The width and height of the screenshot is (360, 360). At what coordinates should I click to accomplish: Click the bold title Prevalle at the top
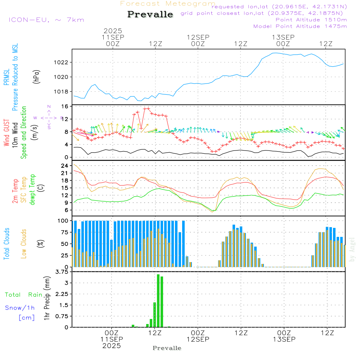[x=150, y=15]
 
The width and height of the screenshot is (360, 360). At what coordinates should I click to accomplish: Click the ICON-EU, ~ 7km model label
[x=46, y=20]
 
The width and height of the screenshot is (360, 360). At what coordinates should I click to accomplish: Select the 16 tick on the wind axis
[x=65, y=107]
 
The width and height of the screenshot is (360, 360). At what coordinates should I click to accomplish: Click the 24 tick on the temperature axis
[x=65, y=166]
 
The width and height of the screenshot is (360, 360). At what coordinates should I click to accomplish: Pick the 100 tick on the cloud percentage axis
[x=63, y=221]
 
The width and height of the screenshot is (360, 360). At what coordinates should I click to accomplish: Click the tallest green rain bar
[x=158, y=301]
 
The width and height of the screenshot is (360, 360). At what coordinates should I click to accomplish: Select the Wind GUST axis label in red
[x=7, y=133]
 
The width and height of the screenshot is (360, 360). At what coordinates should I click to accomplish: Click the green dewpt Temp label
[x=33, y=190]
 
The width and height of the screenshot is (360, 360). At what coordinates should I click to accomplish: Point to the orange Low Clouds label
[x=24, y=243]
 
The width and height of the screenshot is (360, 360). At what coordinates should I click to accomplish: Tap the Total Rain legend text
[x=24, y=294]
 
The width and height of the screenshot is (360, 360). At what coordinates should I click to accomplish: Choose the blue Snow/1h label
[x=20, y=308]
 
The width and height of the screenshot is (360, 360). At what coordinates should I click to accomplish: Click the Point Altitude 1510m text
[x=311, y=20]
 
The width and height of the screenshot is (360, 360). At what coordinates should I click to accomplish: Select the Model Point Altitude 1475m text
[x=300, y=26]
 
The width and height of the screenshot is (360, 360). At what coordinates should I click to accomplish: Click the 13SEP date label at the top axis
[x=283, y=37]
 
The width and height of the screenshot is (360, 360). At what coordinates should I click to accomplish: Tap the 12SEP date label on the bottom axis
[x=198, y=339]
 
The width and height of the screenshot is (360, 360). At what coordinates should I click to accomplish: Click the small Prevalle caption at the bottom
[x=167, y=348]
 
